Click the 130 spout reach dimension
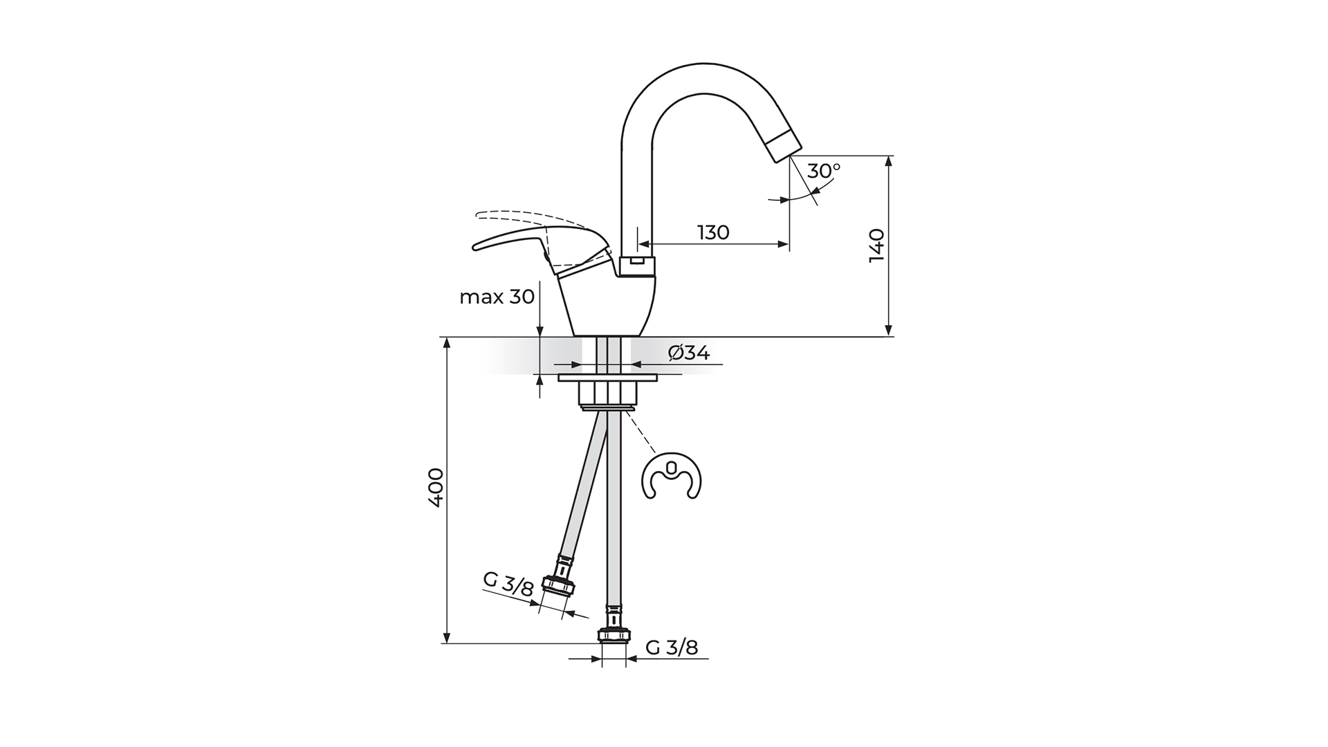tap(713, 232)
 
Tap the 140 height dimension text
tap(876, 245)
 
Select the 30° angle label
tap(824, 170)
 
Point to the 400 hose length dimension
tap(435, 488)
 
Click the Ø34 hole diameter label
tap(689, 353)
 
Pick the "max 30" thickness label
tap(497, 297)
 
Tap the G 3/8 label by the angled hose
tap(508, 584)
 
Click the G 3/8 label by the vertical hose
tap(672, 647)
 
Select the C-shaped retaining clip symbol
tap(672, 476)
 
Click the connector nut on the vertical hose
tap(614, 634)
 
